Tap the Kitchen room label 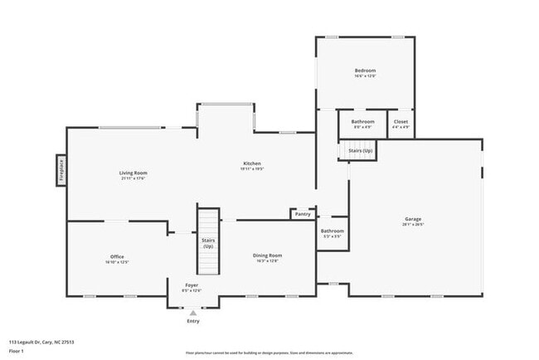[252, 163]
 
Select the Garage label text [413, 219]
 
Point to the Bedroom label [365, 71]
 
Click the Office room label [117, 256]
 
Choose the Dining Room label [267, 255]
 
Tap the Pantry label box [302, 214]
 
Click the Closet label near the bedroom [401, 122]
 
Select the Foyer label [191, 285]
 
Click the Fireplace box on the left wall [61, 171]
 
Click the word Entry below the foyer [193, 321]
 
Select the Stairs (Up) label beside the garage [360, 151]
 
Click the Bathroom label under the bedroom [363, 122]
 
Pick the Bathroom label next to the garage [333, 231]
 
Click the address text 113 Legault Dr [37, 341]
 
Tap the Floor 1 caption [17, 350]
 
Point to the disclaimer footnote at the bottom [269, 352]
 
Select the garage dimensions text [413, 225]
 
